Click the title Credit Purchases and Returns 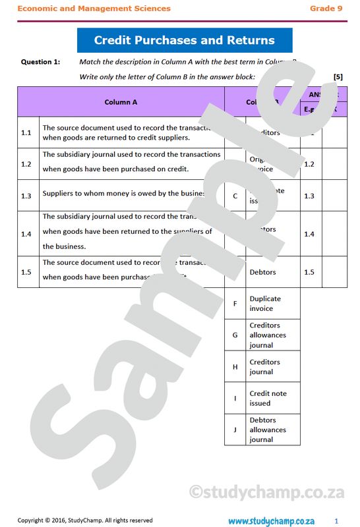[x=184, y=40]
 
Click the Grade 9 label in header [x=326, y=9]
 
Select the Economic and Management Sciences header [x=94, y=9]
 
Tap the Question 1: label [x=40, y=62]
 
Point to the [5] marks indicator [x=338, y=77]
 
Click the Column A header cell [x=121, y=102]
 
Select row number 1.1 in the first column [x=26, y=132]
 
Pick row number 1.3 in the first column [x=26, y=196]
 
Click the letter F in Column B [x=235, y=304]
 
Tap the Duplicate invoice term [x=265, y=304]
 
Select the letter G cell [x=235, y=335]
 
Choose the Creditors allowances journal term [x=268, y=335]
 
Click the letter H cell [x=235, y=367]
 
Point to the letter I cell [x=235, y=399]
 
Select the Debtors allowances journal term [x=268, y=430]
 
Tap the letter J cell [x=235, y=430]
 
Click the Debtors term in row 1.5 [x=262, y=272]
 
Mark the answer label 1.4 [x=309, y=234]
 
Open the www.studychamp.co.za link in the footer [x=271, y=520]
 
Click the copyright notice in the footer [x=85, y=520]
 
